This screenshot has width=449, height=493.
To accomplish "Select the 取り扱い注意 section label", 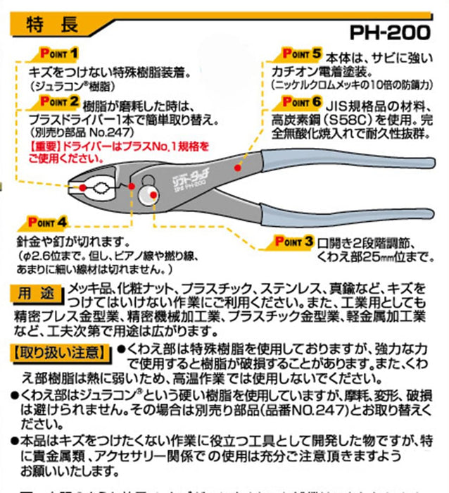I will (x=58, y=350).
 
